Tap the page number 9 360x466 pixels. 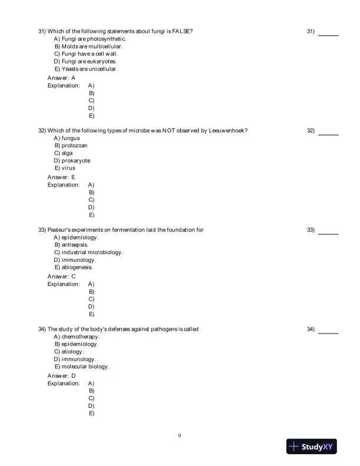(179, 436)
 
